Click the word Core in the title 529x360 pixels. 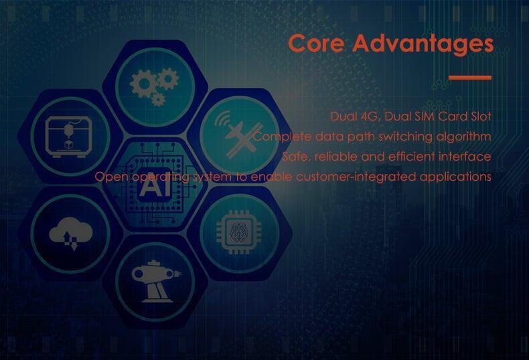(x=317, y=43)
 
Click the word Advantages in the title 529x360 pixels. (x=423, y=44)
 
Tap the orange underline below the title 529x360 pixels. (x=470, y=78)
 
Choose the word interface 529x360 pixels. (x=465, y=157)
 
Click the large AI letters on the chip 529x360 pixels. (x=155, y=186)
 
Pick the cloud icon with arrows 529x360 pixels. (x=71, y=234)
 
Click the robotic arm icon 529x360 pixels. (x=156, y=281)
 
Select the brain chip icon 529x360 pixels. (x=239, y=232)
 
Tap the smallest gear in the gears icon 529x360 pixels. (x=158, y=100)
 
